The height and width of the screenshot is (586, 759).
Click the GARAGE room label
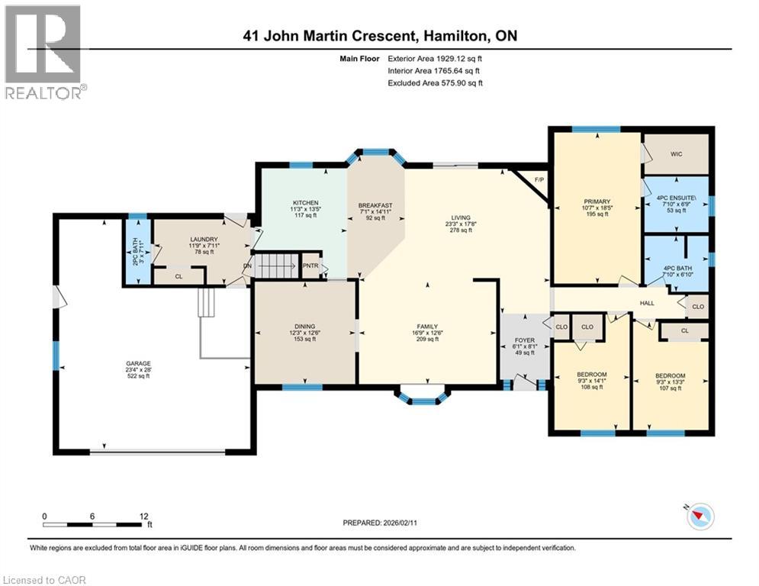point(138,363)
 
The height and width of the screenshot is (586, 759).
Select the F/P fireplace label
point(539,180)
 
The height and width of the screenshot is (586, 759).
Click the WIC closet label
point(676,154)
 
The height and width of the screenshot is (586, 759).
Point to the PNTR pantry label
point(311,266)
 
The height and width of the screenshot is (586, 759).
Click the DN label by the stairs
point(247,266)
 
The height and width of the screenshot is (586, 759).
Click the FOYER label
point(523,340)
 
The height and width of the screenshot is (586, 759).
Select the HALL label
point(647,303)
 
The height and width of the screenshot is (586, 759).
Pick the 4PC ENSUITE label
point(676,200)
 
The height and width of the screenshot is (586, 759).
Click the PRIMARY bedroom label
point(593,202)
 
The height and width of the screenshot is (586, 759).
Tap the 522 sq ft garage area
point(138,377)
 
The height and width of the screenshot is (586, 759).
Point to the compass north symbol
point(699,517)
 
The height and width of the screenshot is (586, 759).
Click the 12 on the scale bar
point(144,516)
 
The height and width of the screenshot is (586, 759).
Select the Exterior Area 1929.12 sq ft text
point(435,58)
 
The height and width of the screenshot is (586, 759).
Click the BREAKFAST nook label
point(375,205)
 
